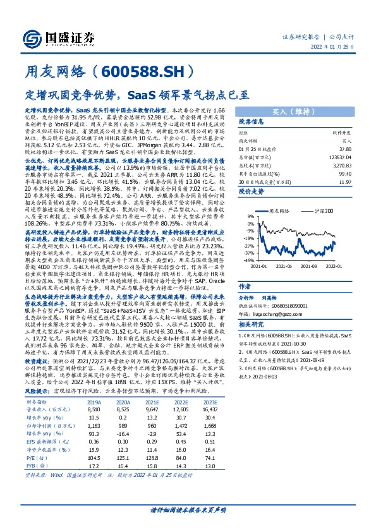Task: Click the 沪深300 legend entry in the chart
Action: point(320,210)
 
